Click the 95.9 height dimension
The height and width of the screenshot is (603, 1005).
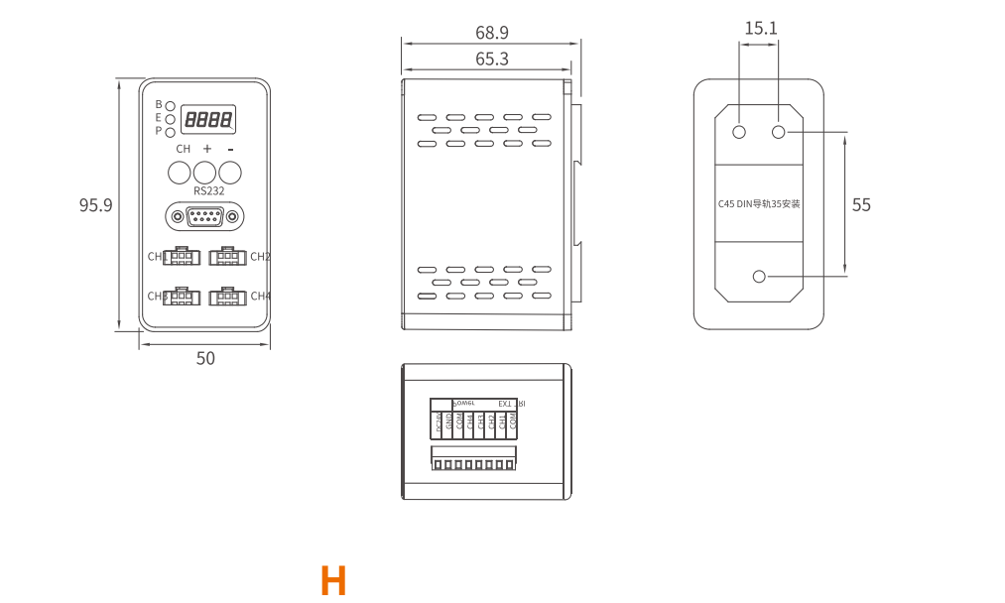[96, 205]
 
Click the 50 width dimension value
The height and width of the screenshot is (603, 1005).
[205, 358]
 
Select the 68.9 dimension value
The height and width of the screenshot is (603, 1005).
[492, 33]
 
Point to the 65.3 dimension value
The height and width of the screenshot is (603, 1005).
[492, 60]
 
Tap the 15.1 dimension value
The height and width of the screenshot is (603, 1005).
[761, 28]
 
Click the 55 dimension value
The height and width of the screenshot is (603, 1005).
[861, 204]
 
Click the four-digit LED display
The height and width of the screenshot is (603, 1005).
[208, 120]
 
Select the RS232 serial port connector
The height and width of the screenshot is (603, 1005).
[205, 216]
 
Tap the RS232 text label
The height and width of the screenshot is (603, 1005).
[208, 190]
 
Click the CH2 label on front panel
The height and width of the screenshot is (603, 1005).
[260, 257]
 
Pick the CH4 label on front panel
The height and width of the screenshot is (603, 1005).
[260, 296]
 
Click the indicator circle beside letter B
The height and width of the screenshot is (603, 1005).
[171, 105]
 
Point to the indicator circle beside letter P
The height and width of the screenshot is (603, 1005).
[171, 132]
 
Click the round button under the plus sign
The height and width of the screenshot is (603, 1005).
[205, 172]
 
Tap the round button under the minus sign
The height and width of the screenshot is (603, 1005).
[230, 172]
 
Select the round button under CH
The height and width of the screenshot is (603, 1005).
[180, 172]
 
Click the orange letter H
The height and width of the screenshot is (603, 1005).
[333, 580]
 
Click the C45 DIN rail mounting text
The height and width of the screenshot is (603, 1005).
[759, 204]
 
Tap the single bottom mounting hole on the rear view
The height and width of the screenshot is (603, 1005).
[761, 277]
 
